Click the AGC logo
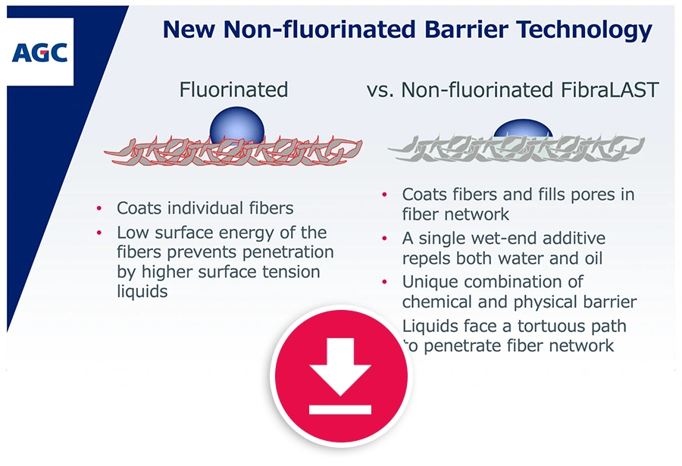(39, 52)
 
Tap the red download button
(340, 376)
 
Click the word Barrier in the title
(466, 30)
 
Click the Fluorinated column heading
(233, 89)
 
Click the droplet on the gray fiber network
(523, 128)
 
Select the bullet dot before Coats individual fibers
(99, 209)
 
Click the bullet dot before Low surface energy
(99, 233)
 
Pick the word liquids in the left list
(142, 291)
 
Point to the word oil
(593, 258)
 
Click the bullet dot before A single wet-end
(384, 239)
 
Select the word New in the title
(189, 30)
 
